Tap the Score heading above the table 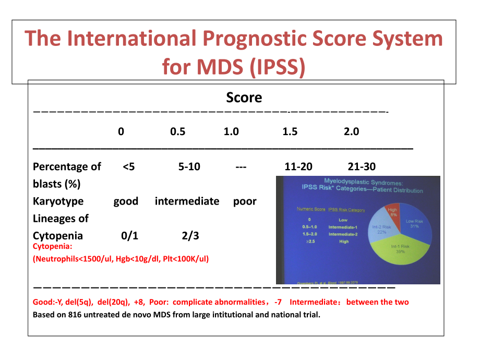tap(244, 98)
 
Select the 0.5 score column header tap(178, 131)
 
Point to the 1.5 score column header tap(290, 131)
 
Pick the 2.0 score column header tap(352, 131)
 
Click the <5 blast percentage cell tap(129, 167)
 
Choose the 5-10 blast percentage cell tap(189, 167)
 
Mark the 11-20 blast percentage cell tap(298, 167)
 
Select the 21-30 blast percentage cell tap(362, 167)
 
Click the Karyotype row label tap(58, 201)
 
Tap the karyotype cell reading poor tap(245, 201)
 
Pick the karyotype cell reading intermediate tap(187, 201)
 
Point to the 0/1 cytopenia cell tap(129, 236)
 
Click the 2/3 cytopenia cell tap(190, 236)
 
